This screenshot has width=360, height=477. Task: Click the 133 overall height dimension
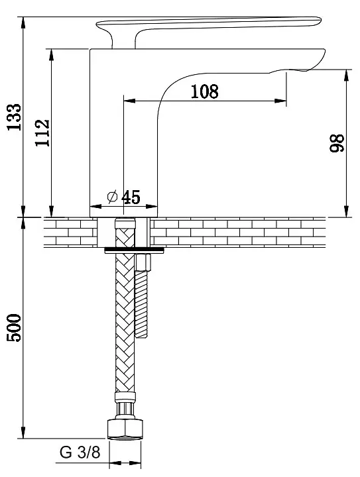pos(15,117)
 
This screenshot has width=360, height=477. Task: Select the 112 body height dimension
pos(42,132)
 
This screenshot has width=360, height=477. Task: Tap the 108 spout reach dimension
pos(204,91)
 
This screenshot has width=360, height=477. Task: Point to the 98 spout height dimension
pos(337,142)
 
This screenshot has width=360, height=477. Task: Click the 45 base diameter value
pos(131,197)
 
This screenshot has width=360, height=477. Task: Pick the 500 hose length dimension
pos(15,328)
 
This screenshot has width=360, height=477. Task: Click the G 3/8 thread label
pos(80,452)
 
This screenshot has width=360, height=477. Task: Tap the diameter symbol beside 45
pos(112,197)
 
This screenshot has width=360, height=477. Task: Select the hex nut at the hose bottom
pos(125,429)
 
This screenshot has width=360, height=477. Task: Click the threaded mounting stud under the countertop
pos(141,305)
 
